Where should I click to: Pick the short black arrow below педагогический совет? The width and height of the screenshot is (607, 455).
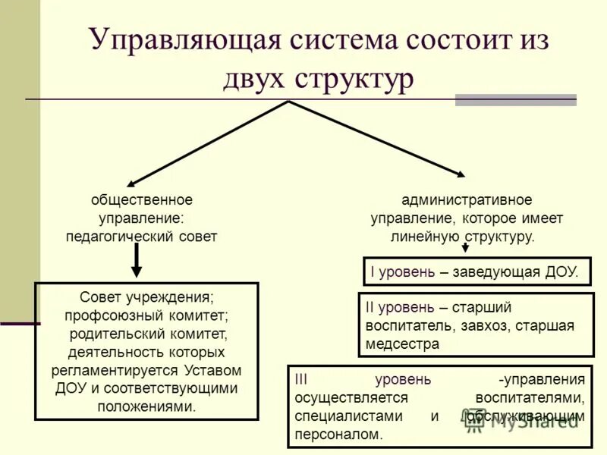point(137,262)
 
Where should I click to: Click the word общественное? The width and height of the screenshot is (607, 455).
point(142,200)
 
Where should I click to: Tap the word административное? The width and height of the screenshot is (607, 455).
point(467,200)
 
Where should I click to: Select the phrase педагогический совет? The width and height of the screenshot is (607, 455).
point(142,237)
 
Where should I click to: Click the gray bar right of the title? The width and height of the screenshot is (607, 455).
point(515,99)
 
